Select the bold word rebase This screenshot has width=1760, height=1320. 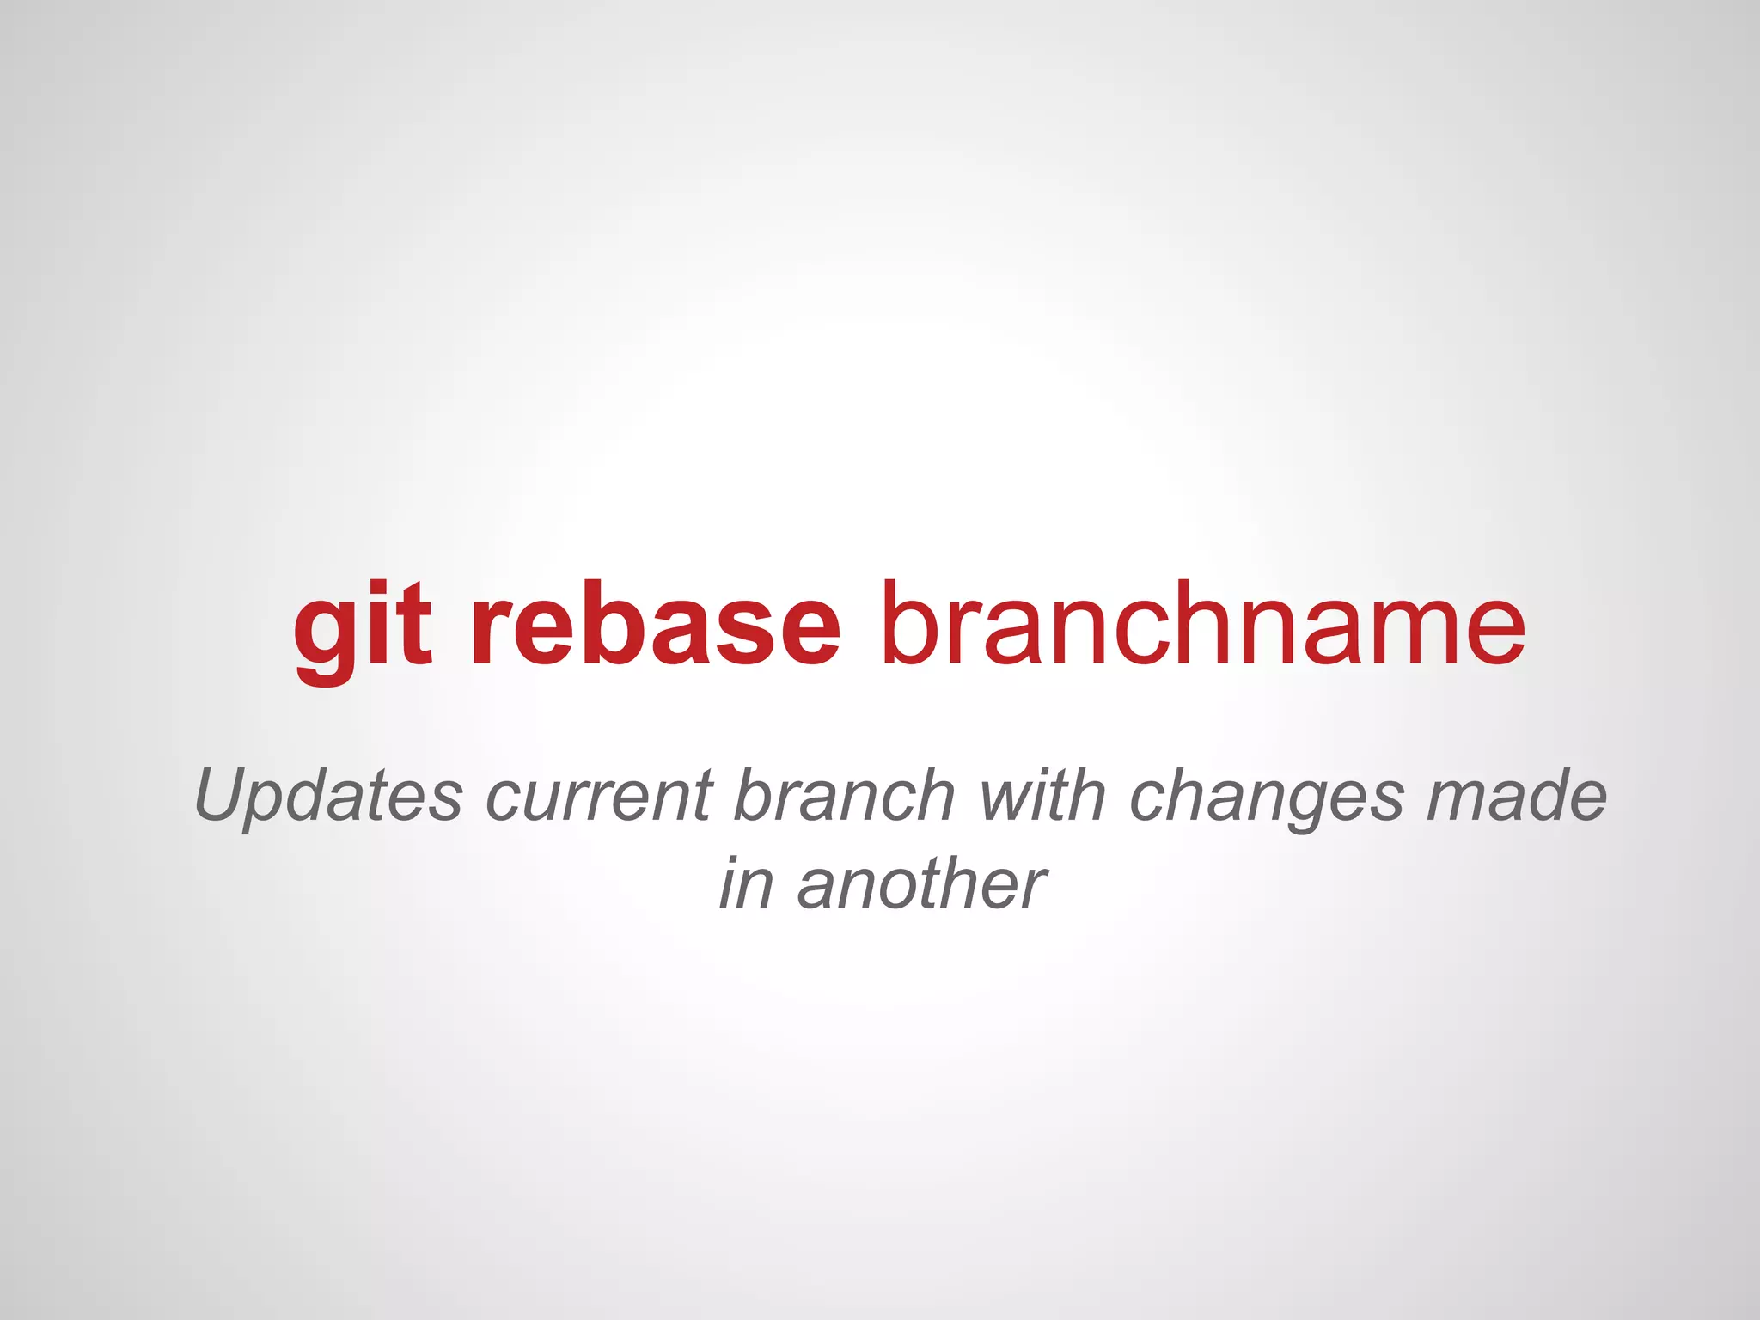(656, 624)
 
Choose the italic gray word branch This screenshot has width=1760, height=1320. (844, 796)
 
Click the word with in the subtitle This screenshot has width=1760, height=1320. (1042, 796)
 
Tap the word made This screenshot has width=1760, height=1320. (1516, 796)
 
